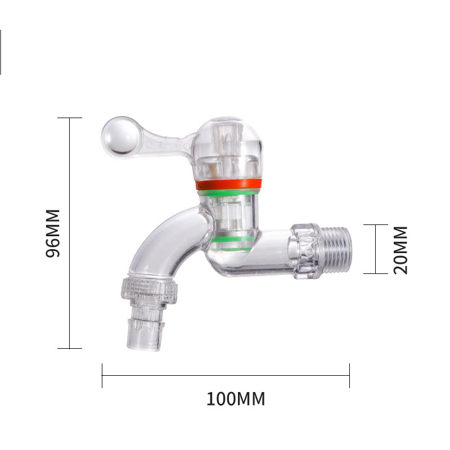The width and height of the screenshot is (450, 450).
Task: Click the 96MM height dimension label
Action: tap(53, 233)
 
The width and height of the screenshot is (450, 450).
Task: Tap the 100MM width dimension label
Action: tap(236, 399)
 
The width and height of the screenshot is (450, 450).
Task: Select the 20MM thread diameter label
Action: tap(400, 250)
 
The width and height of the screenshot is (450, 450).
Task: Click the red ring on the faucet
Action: tap(229, 184)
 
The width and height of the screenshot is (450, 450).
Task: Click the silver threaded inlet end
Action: tap(335, 249)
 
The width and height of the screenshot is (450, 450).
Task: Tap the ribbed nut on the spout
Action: tap(149, 290)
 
